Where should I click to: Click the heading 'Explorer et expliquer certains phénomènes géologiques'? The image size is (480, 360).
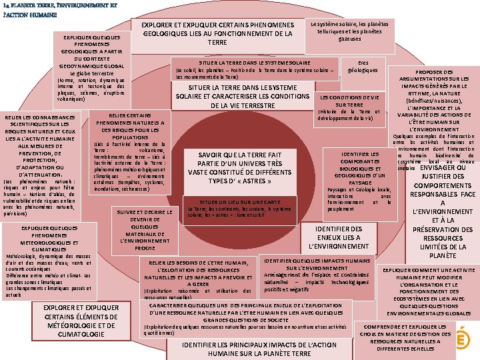pos(217,33)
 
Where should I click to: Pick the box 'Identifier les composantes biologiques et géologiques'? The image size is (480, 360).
pos(360,180)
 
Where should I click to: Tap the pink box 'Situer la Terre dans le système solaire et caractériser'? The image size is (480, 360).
pos(243,96)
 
